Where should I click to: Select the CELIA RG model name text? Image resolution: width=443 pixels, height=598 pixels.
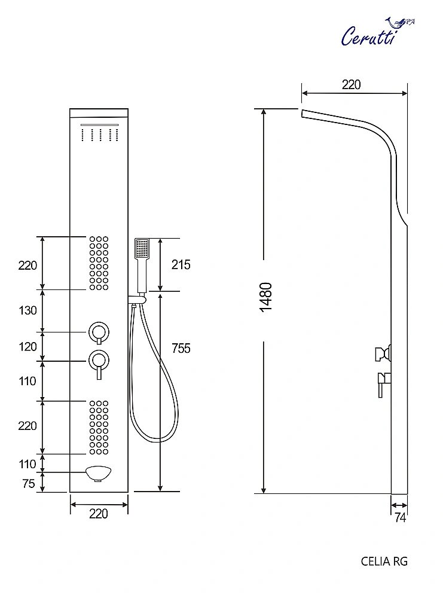(384, 561)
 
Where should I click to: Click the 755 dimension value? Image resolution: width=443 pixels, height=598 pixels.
(181, 348)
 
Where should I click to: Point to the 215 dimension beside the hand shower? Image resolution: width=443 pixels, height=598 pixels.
(181, 264)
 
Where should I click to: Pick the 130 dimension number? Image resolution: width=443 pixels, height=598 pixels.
(28, 310)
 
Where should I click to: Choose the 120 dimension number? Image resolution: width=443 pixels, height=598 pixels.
(28, 347)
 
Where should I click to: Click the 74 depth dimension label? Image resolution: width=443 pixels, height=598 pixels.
(400, 518)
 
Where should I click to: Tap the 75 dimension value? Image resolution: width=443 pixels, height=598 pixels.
(28, 484)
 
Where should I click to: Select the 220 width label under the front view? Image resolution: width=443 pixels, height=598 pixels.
(99, 514)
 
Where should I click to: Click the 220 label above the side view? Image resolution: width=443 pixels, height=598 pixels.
(352, 85)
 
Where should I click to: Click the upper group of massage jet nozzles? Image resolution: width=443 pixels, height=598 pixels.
(99, 263)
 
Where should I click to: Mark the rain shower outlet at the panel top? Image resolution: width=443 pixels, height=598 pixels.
(99, 133)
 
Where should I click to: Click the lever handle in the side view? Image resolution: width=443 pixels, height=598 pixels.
(382, 383)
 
